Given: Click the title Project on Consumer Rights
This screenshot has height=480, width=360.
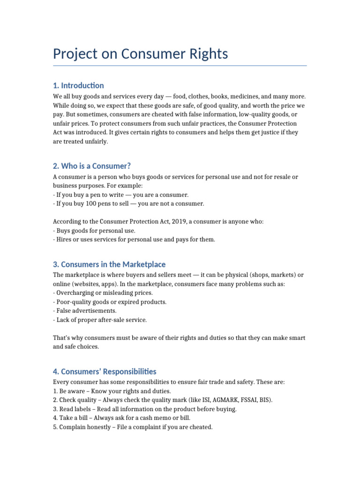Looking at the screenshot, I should click(x=140, y=54).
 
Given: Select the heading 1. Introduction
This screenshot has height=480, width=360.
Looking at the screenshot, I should click(x=78, y=85).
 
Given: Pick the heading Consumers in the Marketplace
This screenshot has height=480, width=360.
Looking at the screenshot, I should click(x=109, y=264).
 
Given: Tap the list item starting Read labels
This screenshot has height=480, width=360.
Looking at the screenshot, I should click(x=145, y=409).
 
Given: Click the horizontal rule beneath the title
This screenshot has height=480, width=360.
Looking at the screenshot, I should click(x=180, y=66).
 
